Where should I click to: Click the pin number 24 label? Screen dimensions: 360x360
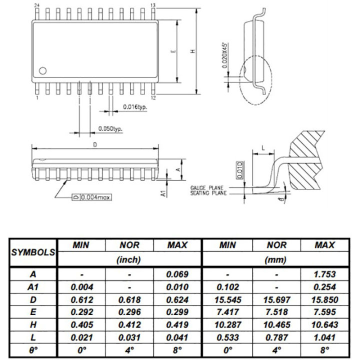[x=36, y=5]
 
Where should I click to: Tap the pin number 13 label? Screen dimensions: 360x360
[x=153, y=5]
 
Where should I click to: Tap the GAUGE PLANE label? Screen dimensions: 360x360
[x=207, y=188]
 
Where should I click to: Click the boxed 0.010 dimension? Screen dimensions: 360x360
[x=239, y=171]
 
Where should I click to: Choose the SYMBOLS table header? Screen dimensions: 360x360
[x=33, y=252]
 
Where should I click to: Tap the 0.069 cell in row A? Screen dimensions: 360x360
[x=177, y=274]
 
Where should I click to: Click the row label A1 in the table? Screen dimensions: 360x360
[x=33, y=287]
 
